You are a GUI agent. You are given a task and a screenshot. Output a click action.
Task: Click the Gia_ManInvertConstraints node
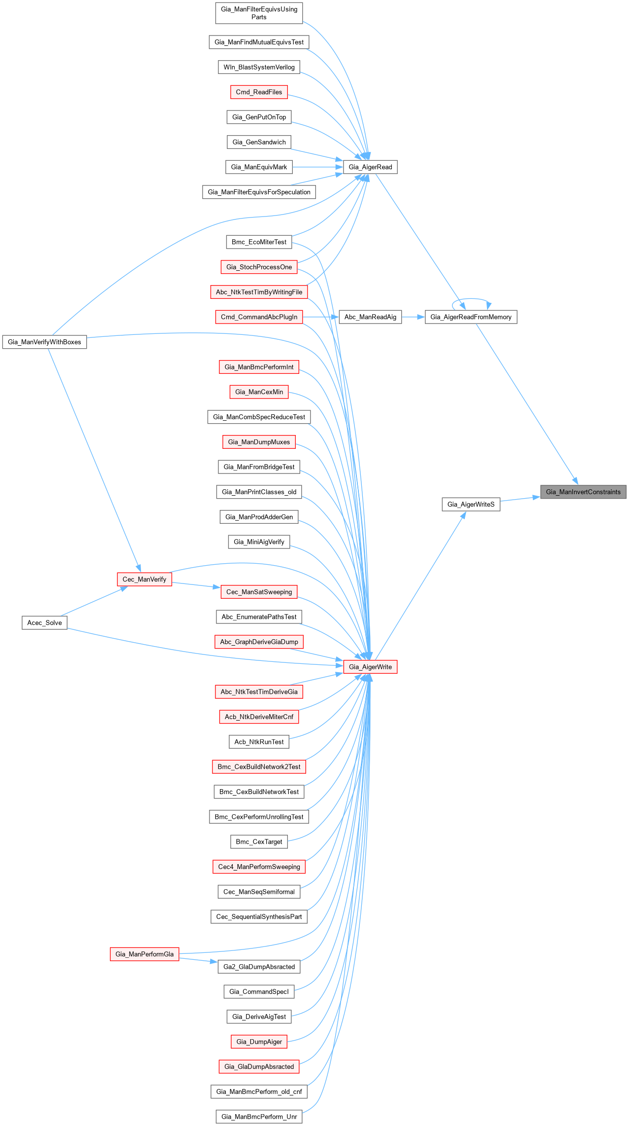pos(583,492)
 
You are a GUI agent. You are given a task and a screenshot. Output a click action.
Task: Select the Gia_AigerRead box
pos(370,167)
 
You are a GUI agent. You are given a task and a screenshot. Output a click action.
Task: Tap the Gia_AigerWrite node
pos(370,667)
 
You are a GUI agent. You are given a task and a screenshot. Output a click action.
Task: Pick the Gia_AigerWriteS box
pos(471,504)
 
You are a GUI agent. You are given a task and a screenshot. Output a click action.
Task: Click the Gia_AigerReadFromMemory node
pos(471,317)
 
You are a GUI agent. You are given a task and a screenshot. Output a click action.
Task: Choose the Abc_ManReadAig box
pos(370,317)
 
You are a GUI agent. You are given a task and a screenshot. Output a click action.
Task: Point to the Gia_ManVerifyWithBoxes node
pos(44,342)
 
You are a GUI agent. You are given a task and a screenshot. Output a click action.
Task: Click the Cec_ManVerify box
pos(144,580)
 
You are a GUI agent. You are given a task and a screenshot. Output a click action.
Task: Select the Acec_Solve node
pos(44,623)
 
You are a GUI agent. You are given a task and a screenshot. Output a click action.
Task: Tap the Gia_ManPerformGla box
pos(144,954)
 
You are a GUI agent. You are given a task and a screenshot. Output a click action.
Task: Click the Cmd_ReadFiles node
pos(259,92)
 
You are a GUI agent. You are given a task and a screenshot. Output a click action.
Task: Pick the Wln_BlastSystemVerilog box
pos(259,67)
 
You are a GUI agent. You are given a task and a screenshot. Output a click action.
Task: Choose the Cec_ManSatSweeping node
pos(259,592)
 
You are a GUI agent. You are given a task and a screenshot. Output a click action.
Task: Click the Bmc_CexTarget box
pos(259,842)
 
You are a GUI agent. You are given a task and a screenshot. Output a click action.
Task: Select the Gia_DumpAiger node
pos(259,1042)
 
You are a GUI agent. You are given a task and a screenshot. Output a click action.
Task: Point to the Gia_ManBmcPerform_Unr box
pos(259,1117)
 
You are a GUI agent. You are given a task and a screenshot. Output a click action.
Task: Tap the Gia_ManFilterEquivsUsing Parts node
pos(259,13)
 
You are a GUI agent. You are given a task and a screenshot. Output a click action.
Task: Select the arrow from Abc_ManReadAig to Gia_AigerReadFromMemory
pos(414,317)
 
